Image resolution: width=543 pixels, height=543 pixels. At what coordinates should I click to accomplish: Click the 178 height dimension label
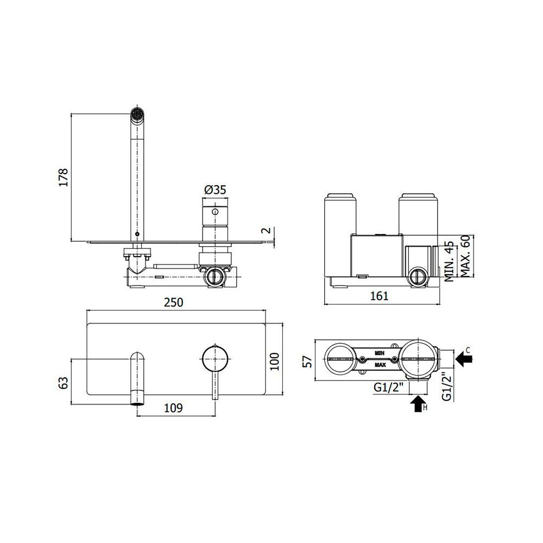pos(64,178)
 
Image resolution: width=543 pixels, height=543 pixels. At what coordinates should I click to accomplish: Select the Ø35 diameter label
pos(215,190)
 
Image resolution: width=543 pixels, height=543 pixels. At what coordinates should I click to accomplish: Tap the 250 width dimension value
pos(174,302)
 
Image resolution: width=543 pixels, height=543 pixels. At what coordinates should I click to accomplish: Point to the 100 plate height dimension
pos(275,361)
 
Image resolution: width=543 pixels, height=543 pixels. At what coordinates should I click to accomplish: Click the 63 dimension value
pos(64,382)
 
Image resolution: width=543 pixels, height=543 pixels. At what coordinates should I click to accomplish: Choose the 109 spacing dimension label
pos(174,408)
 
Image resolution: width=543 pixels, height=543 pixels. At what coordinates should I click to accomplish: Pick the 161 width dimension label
pos(380,296)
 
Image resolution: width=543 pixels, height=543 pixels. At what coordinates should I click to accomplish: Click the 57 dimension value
pos(307,362)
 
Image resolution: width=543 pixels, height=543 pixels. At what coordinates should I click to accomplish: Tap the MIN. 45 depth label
pos(449,262)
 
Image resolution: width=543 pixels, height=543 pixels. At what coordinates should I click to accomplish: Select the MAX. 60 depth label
pos(466,256)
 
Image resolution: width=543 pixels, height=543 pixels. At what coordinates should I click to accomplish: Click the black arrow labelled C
pos(464,359)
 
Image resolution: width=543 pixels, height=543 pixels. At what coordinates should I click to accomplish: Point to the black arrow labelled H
pos(418,404)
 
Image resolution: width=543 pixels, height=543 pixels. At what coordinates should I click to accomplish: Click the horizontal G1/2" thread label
pos(389,388)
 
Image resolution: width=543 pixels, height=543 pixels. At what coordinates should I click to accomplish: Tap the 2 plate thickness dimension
pos(266,230)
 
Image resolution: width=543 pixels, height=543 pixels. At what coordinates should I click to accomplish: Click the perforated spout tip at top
pos(137,113)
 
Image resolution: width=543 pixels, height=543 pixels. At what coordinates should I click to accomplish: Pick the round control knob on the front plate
pos(215,359)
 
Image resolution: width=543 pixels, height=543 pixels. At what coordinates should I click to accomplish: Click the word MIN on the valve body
pos(380,353)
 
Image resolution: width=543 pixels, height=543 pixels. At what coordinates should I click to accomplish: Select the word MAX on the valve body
pos(380,365)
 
